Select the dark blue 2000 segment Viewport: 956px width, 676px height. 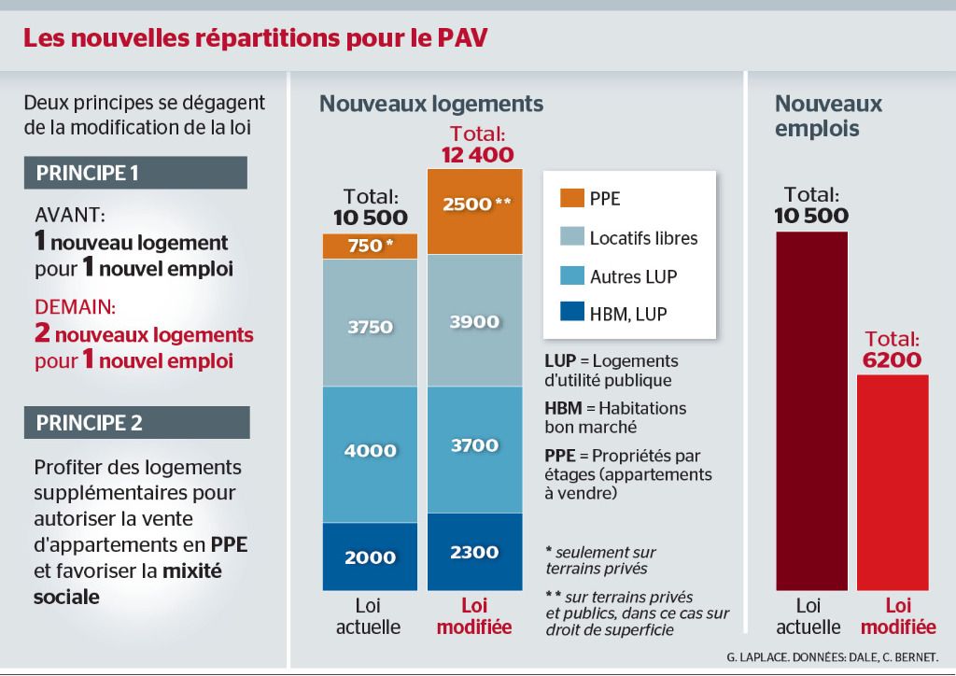369,556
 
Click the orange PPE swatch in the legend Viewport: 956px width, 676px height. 570,198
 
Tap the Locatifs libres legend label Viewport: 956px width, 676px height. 643,238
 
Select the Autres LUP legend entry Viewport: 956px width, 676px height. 633,276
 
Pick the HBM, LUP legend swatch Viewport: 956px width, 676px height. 570,314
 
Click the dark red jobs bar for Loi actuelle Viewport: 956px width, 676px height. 811,411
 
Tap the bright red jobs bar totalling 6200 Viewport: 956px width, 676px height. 893,482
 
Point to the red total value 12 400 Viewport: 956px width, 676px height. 477,155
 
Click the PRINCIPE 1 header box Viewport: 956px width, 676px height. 136,173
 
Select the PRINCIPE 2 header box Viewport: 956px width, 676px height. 136,422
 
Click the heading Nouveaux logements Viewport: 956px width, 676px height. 431,104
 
